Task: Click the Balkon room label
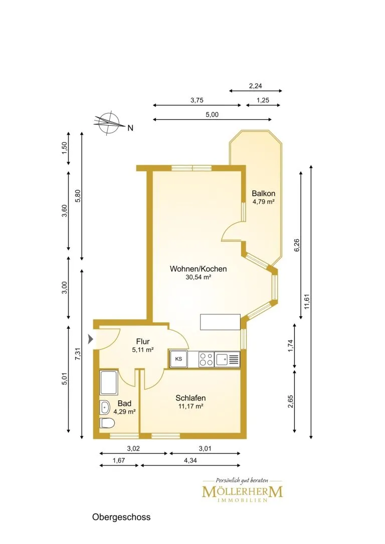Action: (263, 193)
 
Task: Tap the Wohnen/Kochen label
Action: (198, 269)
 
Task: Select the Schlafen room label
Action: (190, 398)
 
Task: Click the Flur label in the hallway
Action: (143, 341)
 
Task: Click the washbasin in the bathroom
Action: (105, 407)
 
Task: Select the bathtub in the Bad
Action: (109, 382)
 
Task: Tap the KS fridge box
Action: (178, 359)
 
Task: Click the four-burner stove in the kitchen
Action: (206, 359)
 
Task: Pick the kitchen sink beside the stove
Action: (228, 359)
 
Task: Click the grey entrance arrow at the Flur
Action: (91, 339)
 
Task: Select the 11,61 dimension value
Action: (306, 301)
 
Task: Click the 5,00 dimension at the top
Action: (212, 115)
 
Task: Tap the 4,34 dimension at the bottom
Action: (190, 460)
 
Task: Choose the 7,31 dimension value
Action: (78, 353)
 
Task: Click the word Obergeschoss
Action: (121, 517)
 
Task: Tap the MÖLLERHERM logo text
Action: (242, 491)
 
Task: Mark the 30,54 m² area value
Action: (199, 277)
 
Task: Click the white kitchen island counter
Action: (220, 322)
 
